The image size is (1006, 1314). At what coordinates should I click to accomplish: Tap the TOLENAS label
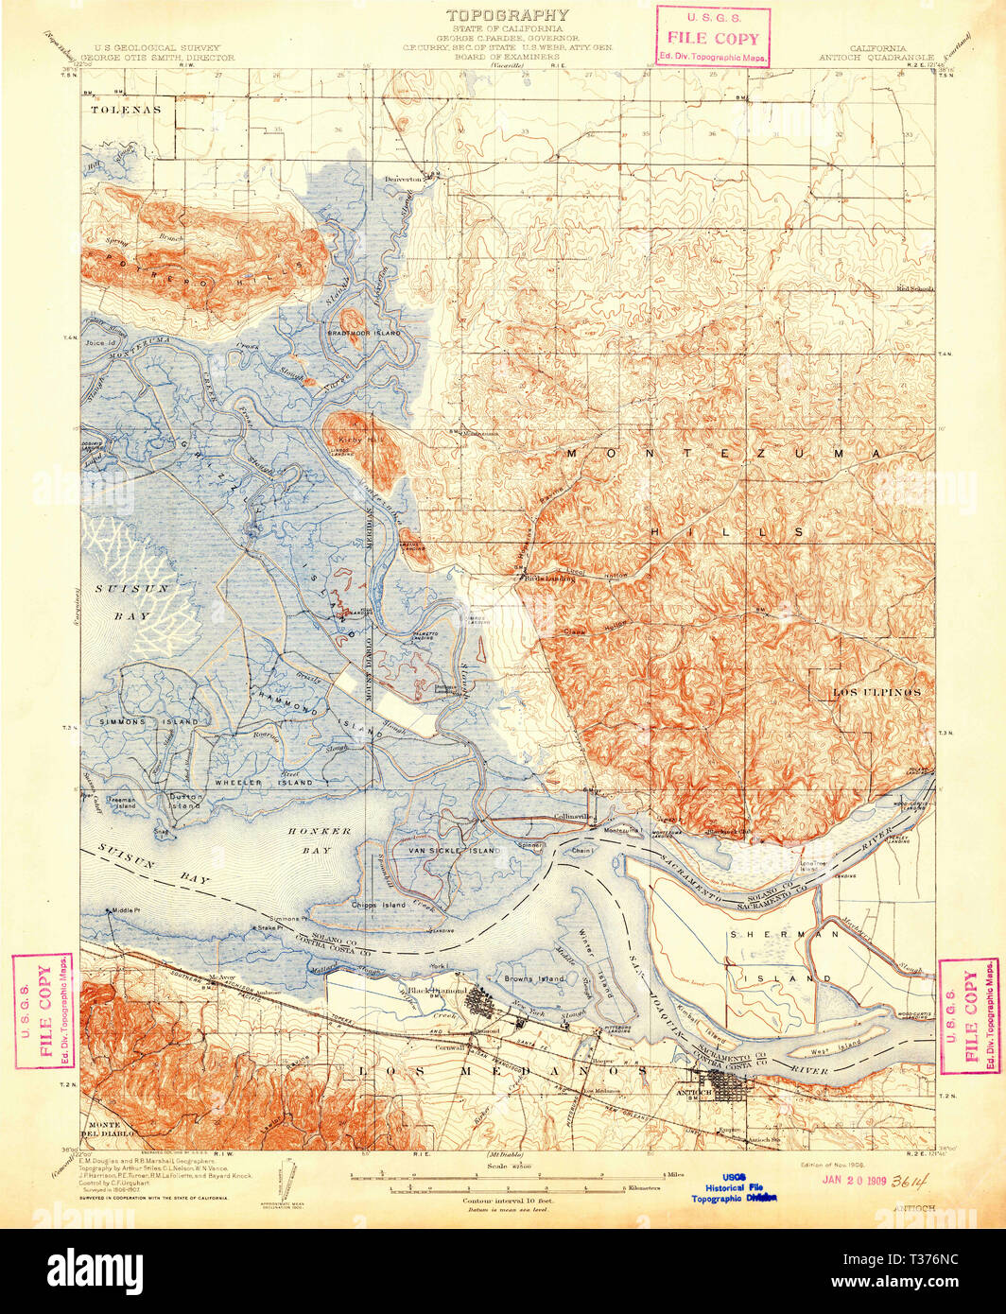(127, 110)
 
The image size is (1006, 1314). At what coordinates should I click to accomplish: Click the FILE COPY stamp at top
(713, 39)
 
